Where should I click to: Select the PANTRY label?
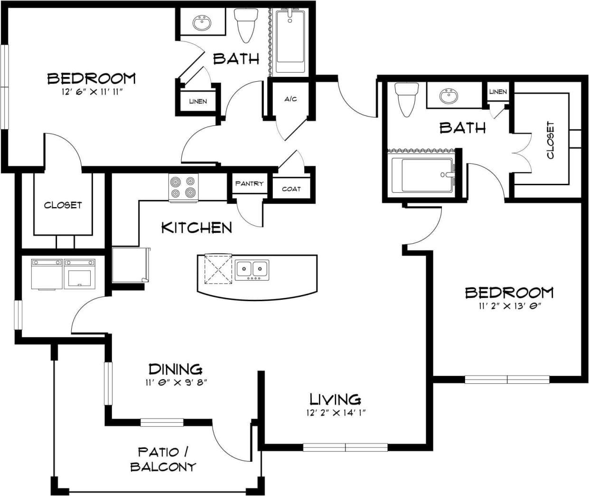coord(249,183)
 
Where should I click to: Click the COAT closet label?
coord(291,189)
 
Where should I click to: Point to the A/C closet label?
coord(290,99)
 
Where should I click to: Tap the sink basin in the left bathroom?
coord(203,22)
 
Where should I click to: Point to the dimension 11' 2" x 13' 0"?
coord(510,306)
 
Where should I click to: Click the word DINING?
coord(176,369)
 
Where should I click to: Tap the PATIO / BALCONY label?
coord(163,459)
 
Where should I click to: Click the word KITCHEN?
coord(196,228)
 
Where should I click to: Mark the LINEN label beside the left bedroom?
coord(198,101)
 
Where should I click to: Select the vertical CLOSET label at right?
coord(550,140)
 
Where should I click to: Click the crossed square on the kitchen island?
coord(218,269)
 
